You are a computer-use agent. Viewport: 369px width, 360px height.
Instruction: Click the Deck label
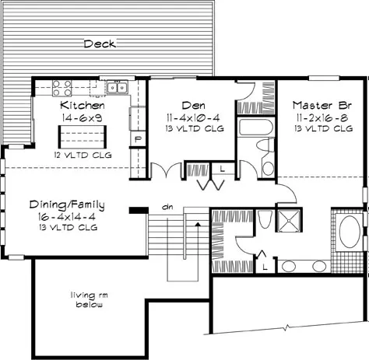pyautogui.click(x=100, y=44)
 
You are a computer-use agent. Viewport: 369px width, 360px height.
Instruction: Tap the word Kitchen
pyautogui.click(x=83, y=105)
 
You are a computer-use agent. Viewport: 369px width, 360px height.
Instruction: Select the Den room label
pyautogui.click(x=194, y=106)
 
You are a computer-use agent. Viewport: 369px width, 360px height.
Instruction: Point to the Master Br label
pyautogui.click(x=322, y=105)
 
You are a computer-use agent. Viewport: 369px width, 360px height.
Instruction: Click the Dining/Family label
pyautogui.click(x=67, y=204)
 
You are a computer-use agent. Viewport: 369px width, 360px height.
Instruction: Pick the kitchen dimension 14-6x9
pyautogui.click(x=83, y=118)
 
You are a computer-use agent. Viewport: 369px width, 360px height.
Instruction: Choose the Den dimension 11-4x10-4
pyautogui.click(x=193, y=118)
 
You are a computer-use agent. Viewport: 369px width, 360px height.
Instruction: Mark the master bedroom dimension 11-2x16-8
pyautogui.click(x=322, y=118)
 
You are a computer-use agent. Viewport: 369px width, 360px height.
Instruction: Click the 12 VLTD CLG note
pyautogui.click(x=83, y=156)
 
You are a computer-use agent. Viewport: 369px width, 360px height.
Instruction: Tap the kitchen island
pyautogui.click(x=83, y=137)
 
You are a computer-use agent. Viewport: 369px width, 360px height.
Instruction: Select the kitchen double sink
pyautogui.click(x=118, y=87)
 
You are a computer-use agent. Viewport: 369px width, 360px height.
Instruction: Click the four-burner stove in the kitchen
pyautogui.click(x=61, y=88)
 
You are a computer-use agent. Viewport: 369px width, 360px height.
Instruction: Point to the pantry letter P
pyautogui.click(x=138, y=139)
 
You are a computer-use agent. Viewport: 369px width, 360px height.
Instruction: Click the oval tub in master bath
pyautogui.click(x=350, y=232)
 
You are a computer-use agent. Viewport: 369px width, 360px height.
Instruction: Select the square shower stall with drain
pyautogui.click(x=289, y=220)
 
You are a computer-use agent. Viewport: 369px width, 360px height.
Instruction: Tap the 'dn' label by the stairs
pyautogui.click(x=167, y=208)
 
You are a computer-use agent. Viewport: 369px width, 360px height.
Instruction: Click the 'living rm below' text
pyautogui.click(x=90, y=299)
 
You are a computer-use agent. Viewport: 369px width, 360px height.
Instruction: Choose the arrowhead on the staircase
pyautogui.click(x=198, y=225)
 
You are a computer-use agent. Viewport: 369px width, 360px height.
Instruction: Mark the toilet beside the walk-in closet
pyautogui.click(x=265, y=219)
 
